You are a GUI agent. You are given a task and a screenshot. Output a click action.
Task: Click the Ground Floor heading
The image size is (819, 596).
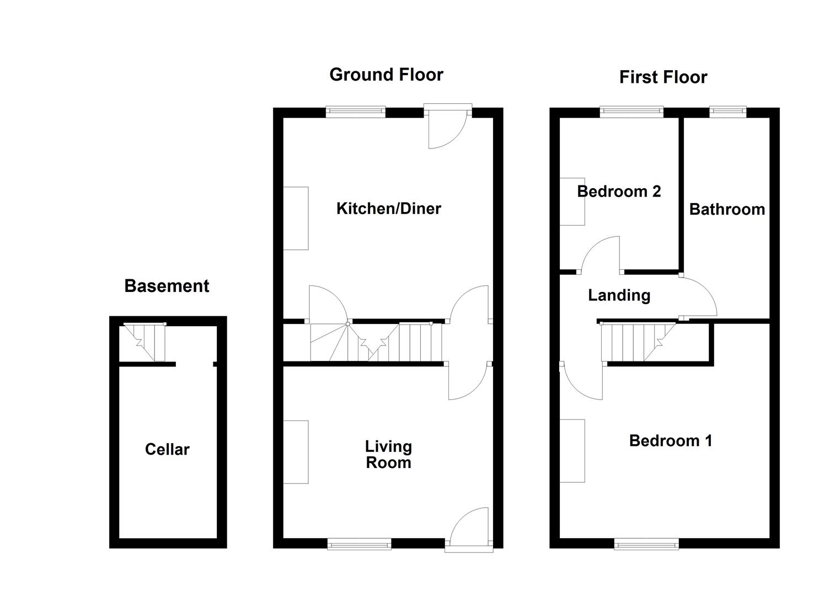pos(386,74)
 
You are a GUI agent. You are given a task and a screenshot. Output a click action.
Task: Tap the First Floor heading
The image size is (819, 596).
pos(663,77)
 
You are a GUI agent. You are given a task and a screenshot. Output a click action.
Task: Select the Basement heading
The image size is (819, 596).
pos(167,286)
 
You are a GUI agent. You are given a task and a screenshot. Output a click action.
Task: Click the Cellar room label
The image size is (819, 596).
pos(167,449)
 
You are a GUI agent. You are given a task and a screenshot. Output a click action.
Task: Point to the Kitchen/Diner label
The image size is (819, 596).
pos(389,209)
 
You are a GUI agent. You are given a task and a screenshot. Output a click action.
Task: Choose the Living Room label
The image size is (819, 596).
pos(389,454)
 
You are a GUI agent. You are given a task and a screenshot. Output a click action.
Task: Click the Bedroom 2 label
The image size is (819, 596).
pos(619,191)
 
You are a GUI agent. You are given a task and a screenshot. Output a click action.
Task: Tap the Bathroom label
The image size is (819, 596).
pos(727,209)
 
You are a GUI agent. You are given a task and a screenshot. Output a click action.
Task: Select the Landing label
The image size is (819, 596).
pos(619,295)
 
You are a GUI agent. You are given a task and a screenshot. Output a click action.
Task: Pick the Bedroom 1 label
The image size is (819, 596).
pos(671,440)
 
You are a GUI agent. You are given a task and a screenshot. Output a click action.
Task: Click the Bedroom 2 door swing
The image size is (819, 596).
pos(601,255)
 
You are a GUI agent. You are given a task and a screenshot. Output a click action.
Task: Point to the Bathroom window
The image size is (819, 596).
pos(727,112)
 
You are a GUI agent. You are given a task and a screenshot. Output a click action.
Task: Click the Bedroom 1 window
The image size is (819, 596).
pos(647,545)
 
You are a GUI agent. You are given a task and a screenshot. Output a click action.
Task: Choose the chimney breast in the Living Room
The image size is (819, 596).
pos(296,452)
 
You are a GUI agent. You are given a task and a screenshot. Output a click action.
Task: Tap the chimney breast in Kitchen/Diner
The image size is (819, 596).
pos(296,218)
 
